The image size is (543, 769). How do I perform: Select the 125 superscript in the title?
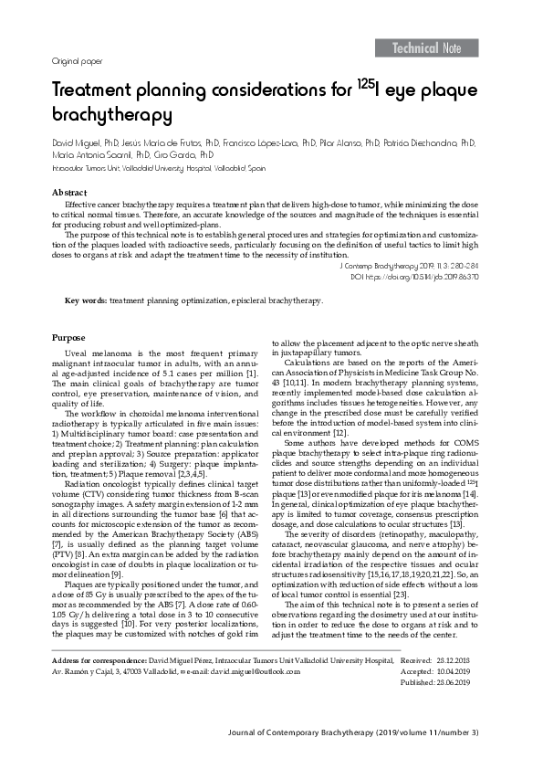(x=361, y=84)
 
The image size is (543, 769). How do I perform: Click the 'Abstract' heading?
(x=69, y=193)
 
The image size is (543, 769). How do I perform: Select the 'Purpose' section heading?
(x=68, y=338)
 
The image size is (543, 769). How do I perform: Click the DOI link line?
(x=428, y=274)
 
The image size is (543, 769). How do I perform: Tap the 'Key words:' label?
(x=86, y=300)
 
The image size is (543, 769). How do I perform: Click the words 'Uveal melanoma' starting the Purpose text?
(x=95, y=353)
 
